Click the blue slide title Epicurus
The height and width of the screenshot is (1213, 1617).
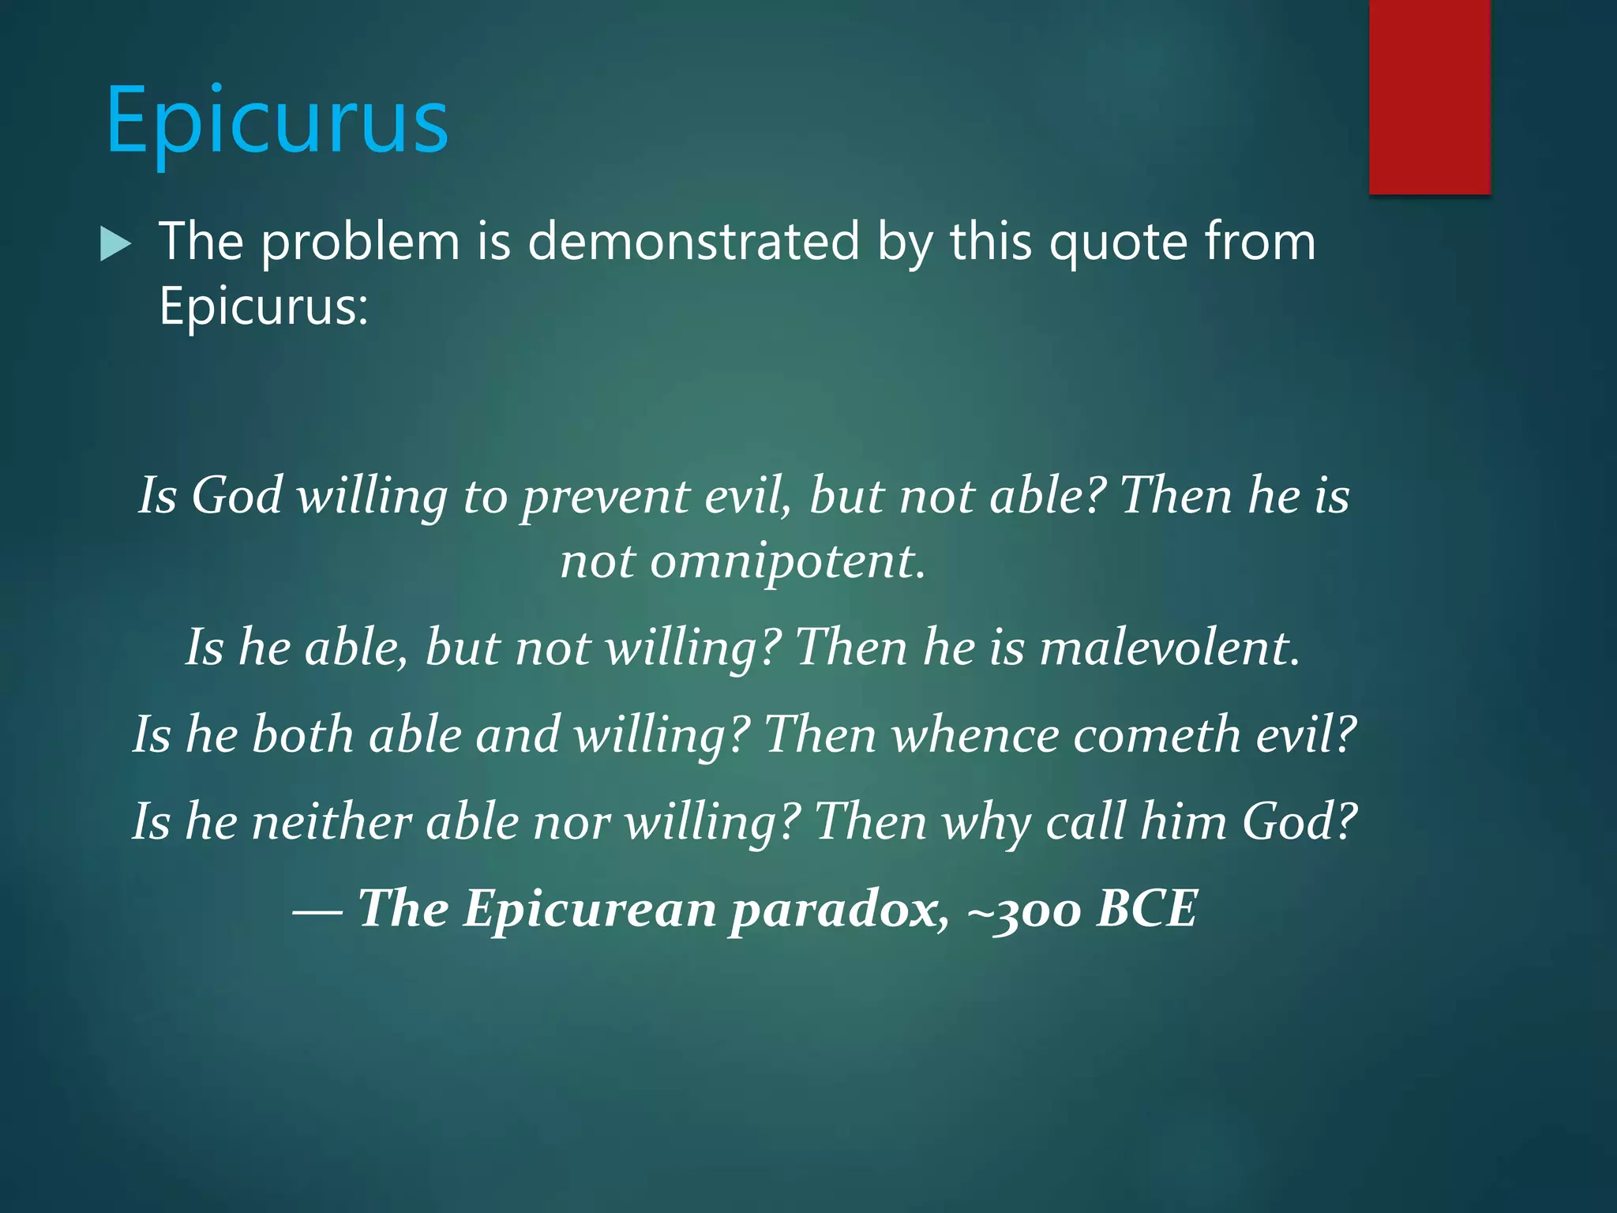[277, 121]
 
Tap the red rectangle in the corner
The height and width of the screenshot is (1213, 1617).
[1429, 96]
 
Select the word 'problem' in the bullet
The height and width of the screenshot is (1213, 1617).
[360, 242]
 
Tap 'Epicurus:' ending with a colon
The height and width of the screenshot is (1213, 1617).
[264, 306]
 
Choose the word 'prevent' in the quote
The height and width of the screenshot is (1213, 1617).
[606, 497]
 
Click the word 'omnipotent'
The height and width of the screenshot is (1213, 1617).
[782, 561]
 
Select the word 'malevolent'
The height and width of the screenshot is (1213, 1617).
[1168, 648]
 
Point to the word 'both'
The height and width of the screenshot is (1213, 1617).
[302, 734]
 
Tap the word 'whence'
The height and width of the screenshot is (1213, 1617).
[975, 734]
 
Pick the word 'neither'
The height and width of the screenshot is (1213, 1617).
[332, 821]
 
